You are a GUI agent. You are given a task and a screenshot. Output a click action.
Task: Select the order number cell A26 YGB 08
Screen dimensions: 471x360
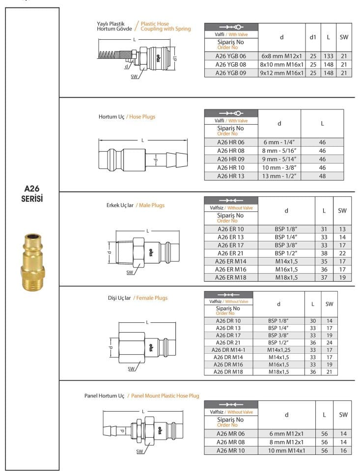pyautogui.click(x=231, y=64)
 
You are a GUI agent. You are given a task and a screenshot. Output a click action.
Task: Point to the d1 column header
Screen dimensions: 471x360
pyautogui.click(x=313, y=37)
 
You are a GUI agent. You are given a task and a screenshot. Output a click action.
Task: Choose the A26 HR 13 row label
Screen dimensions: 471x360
pyautogui.click(x=231, y=175)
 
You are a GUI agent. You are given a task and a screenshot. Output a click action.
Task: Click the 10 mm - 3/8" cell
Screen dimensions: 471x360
pyautogui.click(x=279, y=167)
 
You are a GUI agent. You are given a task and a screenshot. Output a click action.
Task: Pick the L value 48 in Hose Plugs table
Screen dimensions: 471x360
pyautogui.click(x=322, y=175)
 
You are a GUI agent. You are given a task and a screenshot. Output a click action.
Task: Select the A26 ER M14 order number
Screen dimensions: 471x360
pyautogui.click(x=230, y=262)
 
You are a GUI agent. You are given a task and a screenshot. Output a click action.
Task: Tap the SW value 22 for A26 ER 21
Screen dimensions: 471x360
pyautogui.click(x=342, y=253)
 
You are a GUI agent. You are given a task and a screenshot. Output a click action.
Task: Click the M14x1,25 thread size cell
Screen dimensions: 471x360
pyautogui.click(x=278, y=350)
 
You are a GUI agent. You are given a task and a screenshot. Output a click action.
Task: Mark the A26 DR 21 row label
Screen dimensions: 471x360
pyautogui.click(x=228, y=342)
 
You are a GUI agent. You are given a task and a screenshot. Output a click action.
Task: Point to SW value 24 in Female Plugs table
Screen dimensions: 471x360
pyautogui.click(x=329, y=342)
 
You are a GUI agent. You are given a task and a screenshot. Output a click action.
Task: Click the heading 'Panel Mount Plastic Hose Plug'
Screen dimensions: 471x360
pyautogui.click(x=165, y=395)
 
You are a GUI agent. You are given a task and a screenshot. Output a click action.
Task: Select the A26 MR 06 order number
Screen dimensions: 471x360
pyautogui.click(x=230, y=433)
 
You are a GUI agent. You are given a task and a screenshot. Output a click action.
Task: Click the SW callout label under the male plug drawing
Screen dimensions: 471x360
pyautogui.click(x=130, y=272)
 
